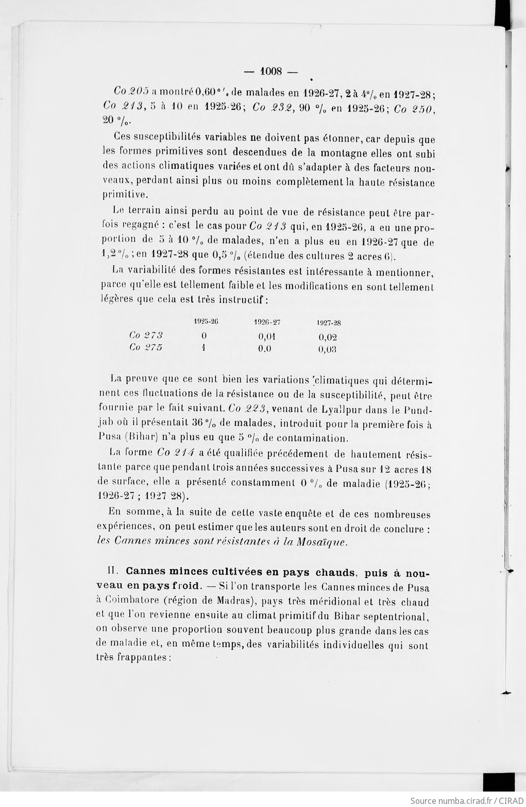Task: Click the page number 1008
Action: click(271, 72)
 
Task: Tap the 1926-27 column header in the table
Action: click(267, 322)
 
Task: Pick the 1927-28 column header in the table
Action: click(329, 323)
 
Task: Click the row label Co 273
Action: click(146, 335)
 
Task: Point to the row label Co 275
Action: click(146, 347)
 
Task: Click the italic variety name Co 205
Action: click(131, 91)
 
